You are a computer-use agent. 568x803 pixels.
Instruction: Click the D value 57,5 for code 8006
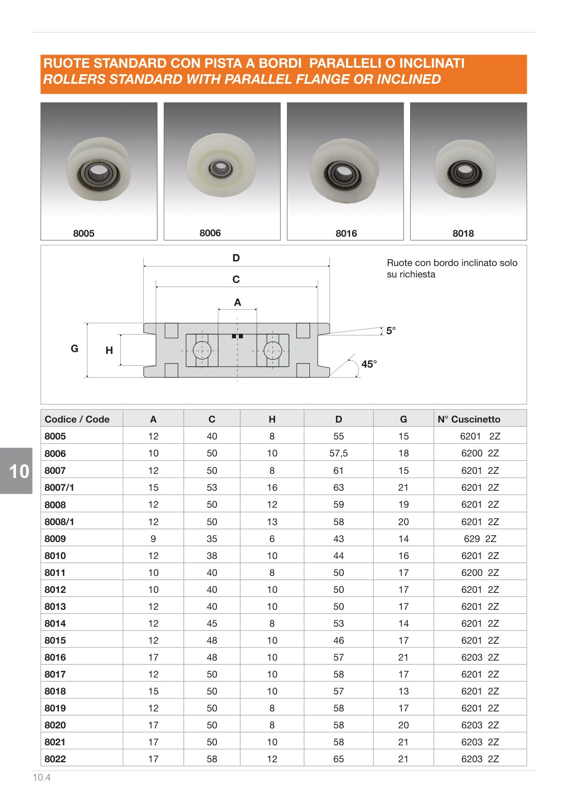[x=338, y=453]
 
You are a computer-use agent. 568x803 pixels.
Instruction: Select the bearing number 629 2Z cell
[x=480, y=539]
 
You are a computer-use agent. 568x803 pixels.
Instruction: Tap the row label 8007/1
[x=60, y=488]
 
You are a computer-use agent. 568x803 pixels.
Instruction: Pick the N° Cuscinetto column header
[x=469, y=419]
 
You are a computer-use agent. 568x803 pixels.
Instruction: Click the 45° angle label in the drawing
[x=369, y=364]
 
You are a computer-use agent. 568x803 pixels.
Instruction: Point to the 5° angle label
[x=391, y=331]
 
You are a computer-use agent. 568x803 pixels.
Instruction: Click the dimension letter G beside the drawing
[x=75, y=349]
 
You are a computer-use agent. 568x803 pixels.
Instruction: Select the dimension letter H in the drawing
[x=109, y=351]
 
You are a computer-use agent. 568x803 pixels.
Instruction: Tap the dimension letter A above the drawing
[x=237, y=302]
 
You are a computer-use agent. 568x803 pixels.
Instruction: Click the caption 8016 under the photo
[x=346, y=233]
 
